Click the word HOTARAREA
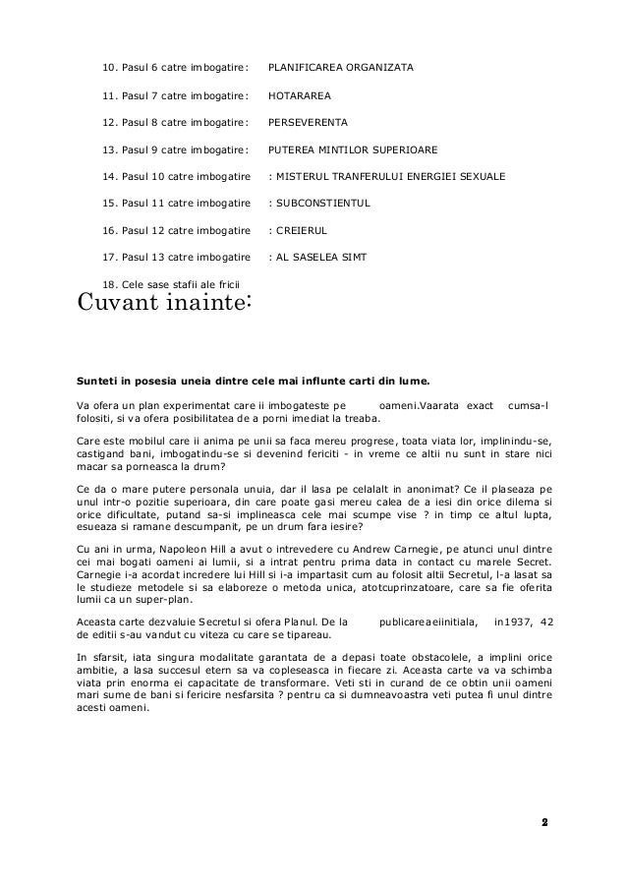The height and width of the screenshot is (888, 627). tap(299, 95)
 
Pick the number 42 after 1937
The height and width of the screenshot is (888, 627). tap(547, 621)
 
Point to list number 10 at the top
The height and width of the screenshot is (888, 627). tap(109, 68)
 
